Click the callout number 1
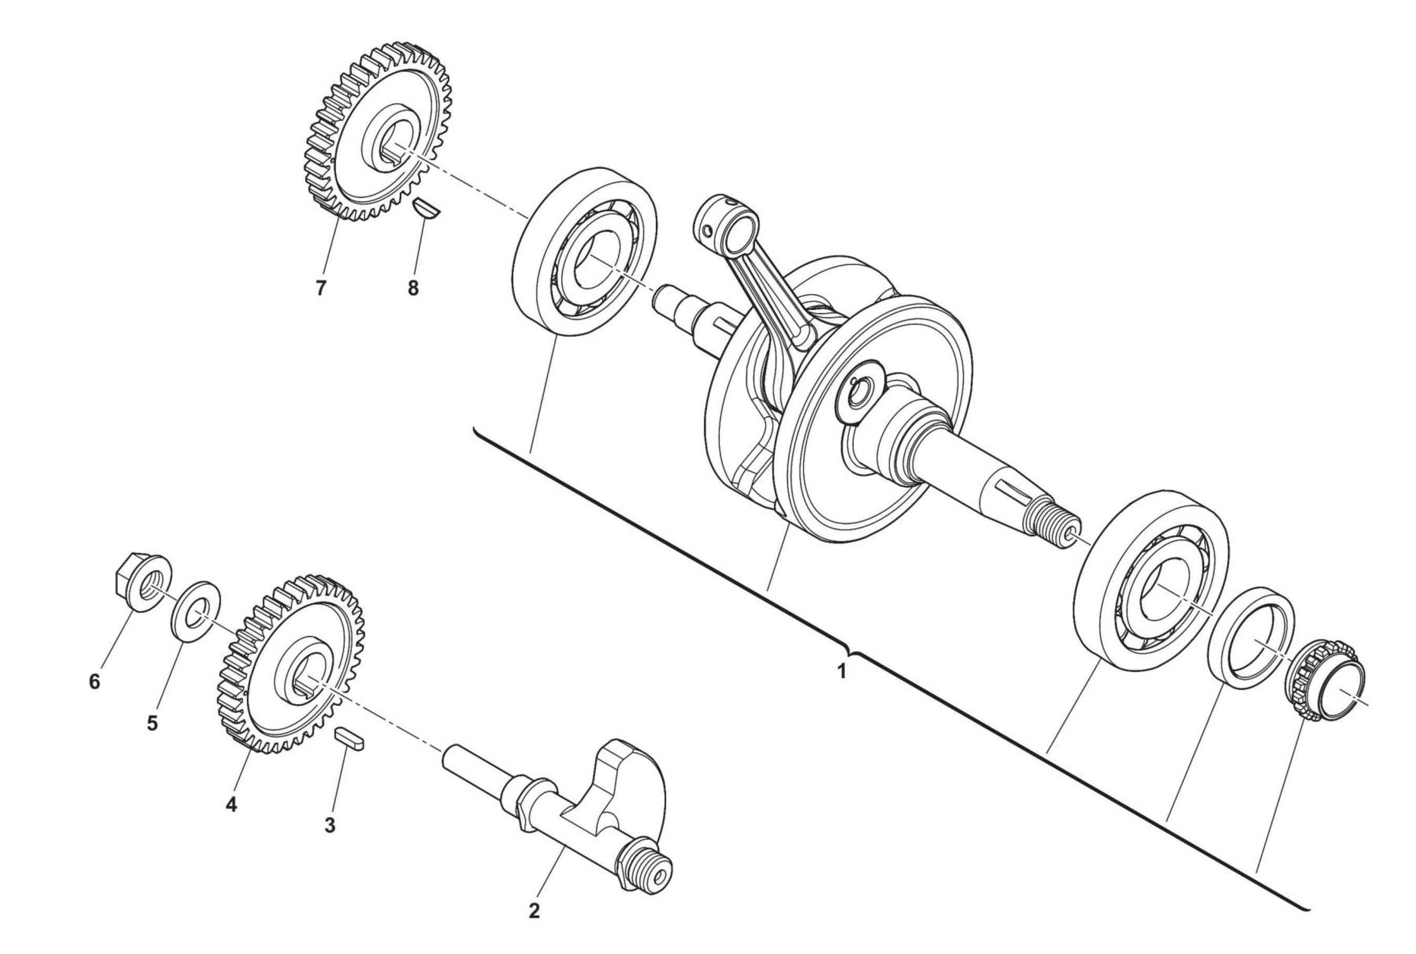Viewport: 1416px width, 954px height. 842,672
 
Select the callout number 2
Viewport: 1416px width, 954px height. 534,928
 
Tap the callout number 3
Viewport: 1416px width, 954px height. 329,826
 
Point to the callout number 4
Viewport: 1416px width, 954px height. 231,804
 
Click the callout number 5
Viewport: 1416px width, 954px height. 152,723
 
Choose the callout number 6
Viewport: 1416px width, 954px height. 95,682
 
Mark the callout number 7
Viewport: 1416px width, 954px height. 321,288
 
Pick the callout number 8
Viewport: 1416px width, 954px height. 413,288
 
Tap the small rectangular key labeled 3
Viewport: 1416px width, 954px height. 350,739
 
